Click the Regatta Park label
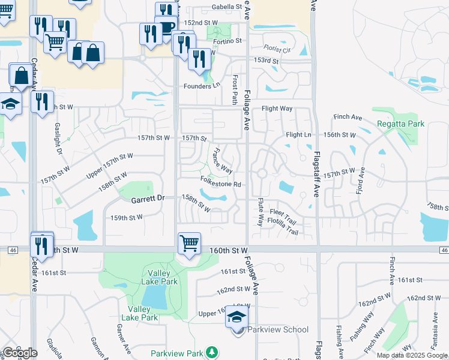401,124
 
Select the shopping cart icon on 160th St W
189,244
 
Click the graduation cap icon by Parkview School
237,318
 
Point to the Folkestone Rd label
220,184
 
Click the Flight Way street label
277,109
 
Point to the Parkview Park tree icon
211,352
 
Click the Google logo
20,353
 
